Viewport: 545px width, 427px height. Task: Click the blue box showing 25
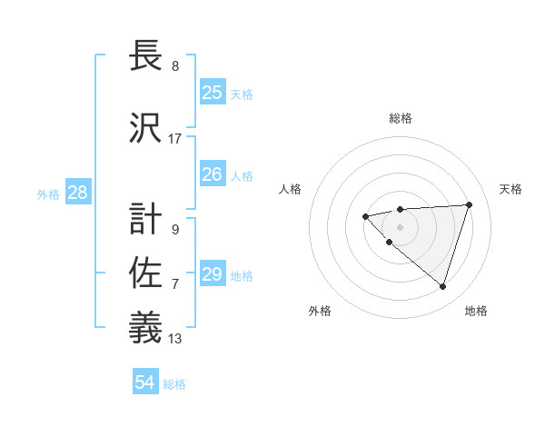(x=213, y=93)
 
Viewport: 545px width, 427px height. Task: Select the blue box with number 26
(x=213, y=174)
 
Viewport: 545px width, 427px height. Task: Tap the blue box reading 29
(x=213, y=274)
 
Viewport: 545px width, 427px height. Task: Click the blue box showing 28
(x=77, y=193)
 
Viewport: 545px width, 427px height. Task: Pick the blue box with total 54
(x=145, y=382)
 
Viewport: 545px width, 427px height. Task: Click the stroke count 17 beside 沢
(x=175, y=139)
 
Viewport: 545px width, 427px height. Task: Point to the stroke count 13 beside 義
(x=175, y=339)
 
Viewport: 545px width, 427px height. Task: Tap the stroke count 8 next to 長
(x=175, y=66)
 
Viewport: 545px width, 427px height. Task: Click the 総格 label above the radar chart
(x=400, y=118)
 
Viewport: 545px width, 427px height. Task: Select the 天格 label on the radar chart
(x=510, y=189)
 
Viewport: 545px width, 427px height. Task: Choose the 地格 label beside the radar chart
(x=476, y=311)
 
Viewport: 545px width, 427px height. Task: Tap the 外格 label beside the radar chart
(x=320, y=311)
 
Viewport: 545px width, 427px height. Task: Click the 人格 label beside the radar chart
(x=291, y=189)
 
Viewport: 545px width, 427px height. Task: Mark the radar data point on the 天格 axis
(x=469, y=204)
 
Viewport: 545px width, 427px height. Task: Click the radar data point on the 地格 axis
(x=442, y=286)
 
